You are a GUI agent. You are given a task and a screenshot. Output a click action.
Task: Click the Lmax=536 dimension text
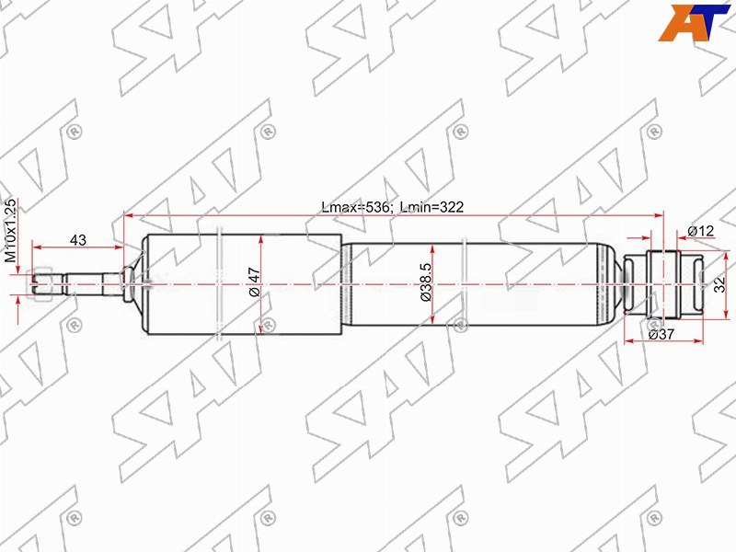coord(357,207)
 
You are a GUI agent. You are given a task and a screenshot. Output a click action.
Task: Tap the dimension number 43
coord(78,240)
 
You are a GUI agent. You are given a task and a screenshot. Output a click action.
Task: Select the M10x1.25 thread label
coord(11,231)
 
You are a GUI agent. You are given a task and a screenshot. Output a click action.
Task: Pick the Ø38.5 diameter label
coord(426,283)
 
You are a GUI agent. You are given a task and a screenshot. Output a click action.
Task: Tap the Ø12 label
coord(701,231)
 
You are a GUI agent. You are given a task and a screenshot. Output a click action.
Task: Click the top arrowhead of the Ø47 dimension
coord(263,240)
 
